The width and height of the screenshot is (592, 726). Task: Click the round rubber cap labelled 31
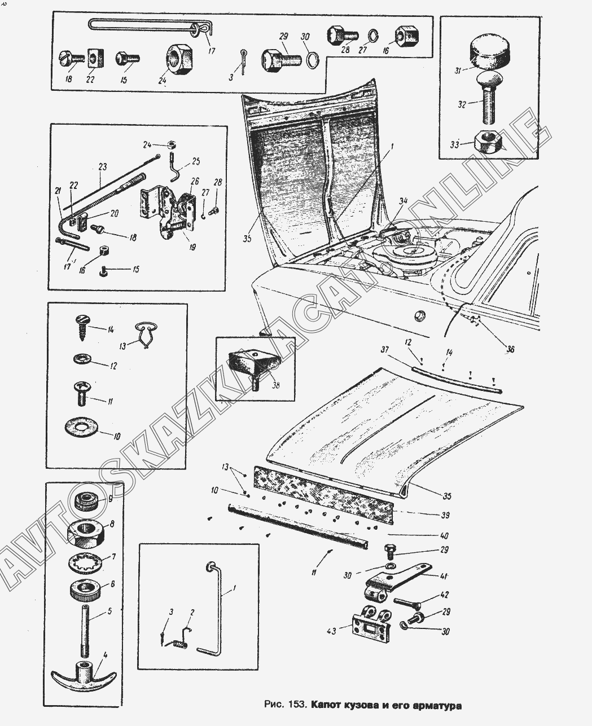488,52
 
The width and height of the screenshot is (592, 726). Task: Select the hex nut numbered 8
86,562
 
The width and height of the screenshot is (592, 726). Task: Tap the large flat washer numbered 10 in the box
111,498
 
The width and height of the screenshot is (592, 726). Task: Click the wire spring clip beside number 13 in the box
81,426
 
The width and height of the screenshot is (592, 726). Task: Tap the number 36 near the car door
510,349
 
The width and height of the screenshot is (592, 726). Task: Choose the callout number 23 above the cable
102,167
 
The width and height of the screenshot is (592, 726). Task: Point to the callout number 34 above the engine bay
403,200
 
